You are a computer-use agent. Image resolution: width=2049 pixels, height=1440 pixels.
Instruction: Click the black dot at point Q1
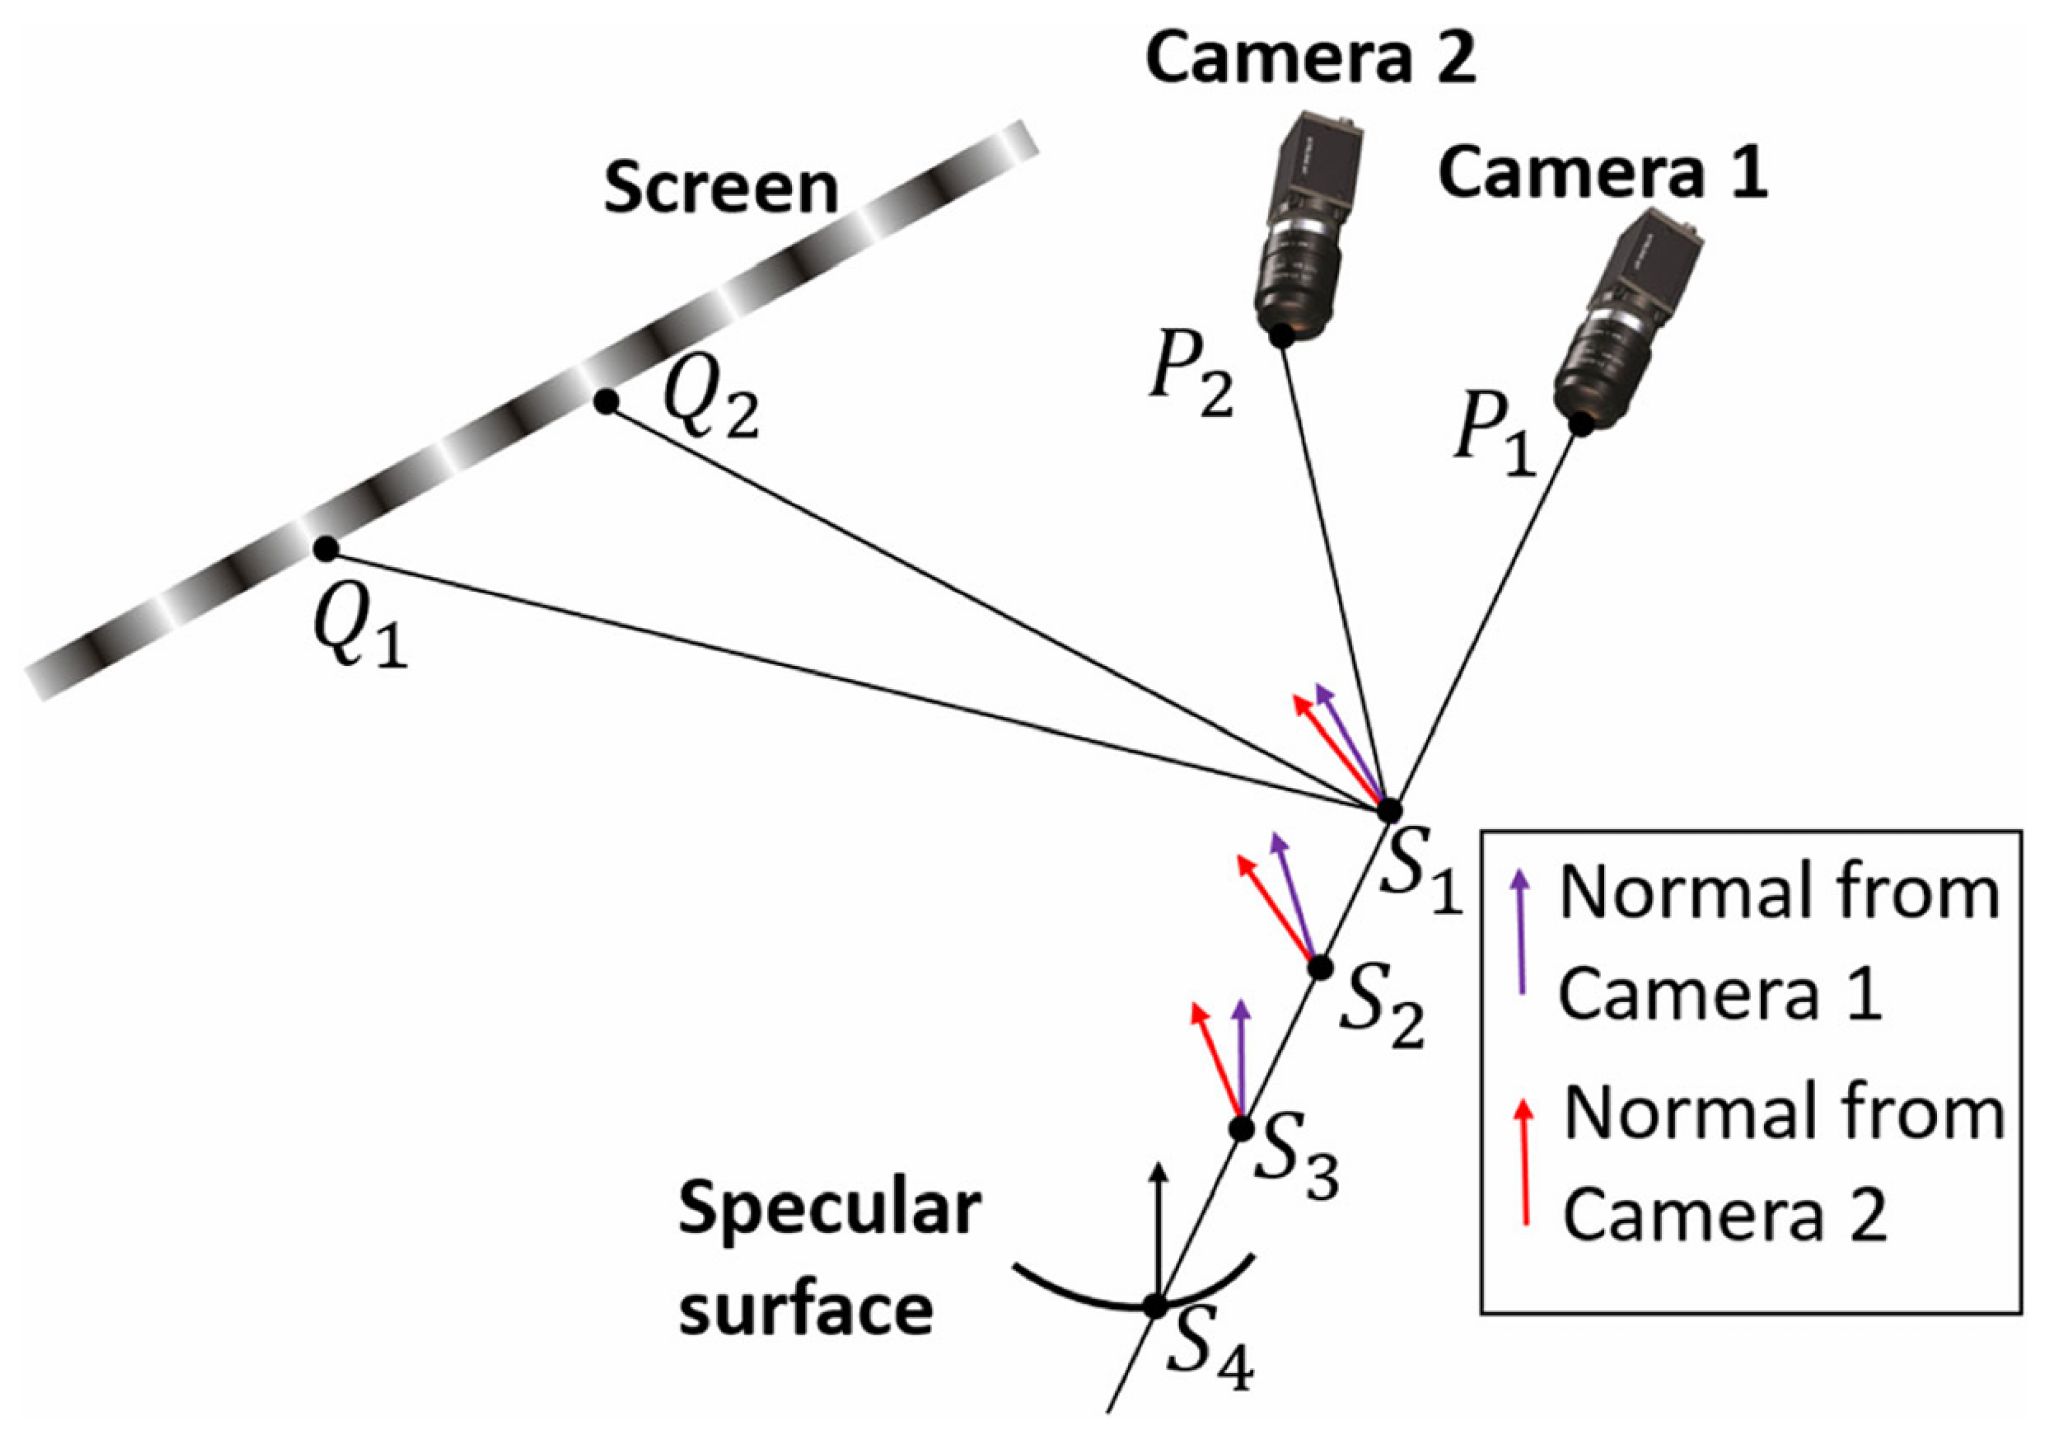point(326,549)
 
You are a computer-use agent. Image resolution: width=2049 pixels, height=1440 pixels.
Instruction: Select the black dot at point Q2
point(606,402)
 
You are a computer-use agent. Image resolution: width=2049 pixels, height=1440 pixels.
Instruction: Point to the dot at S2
point(1320,967)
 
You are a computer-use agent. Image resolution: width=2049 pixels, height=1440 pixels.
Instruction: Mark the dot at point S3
point(1241,1129)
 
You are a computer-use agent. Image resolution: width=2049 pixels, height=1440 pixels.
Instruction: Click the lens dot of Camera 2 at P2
point(1281,336)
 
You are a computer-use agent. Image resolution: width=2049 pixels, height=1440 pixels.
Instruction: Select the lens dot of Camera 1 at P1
point(1581,424)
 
